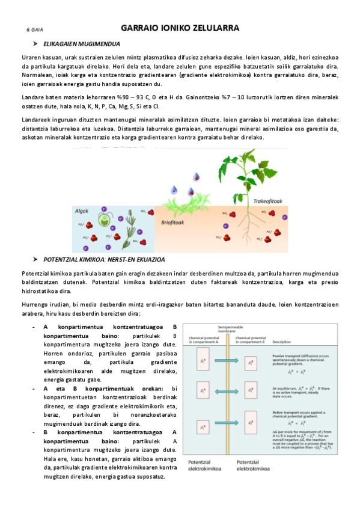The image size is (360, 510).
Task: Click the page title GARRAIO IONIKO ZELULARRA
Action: pos(180,28)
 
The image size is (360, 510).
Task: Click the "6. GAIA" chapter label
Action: pos(34,29)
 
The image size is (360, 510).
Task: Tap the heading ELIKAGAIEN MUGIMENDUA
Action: pos(85,44)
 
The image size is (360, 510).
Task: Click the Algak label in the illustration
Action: pos(82,211)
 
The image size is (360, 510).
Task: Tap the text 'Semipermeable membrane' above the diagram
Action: pos(228,331)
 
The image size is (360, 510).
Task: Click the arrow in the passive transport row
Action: pos(228,361)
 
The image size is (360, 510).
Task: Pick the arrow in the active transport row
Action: pos(228,428)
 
